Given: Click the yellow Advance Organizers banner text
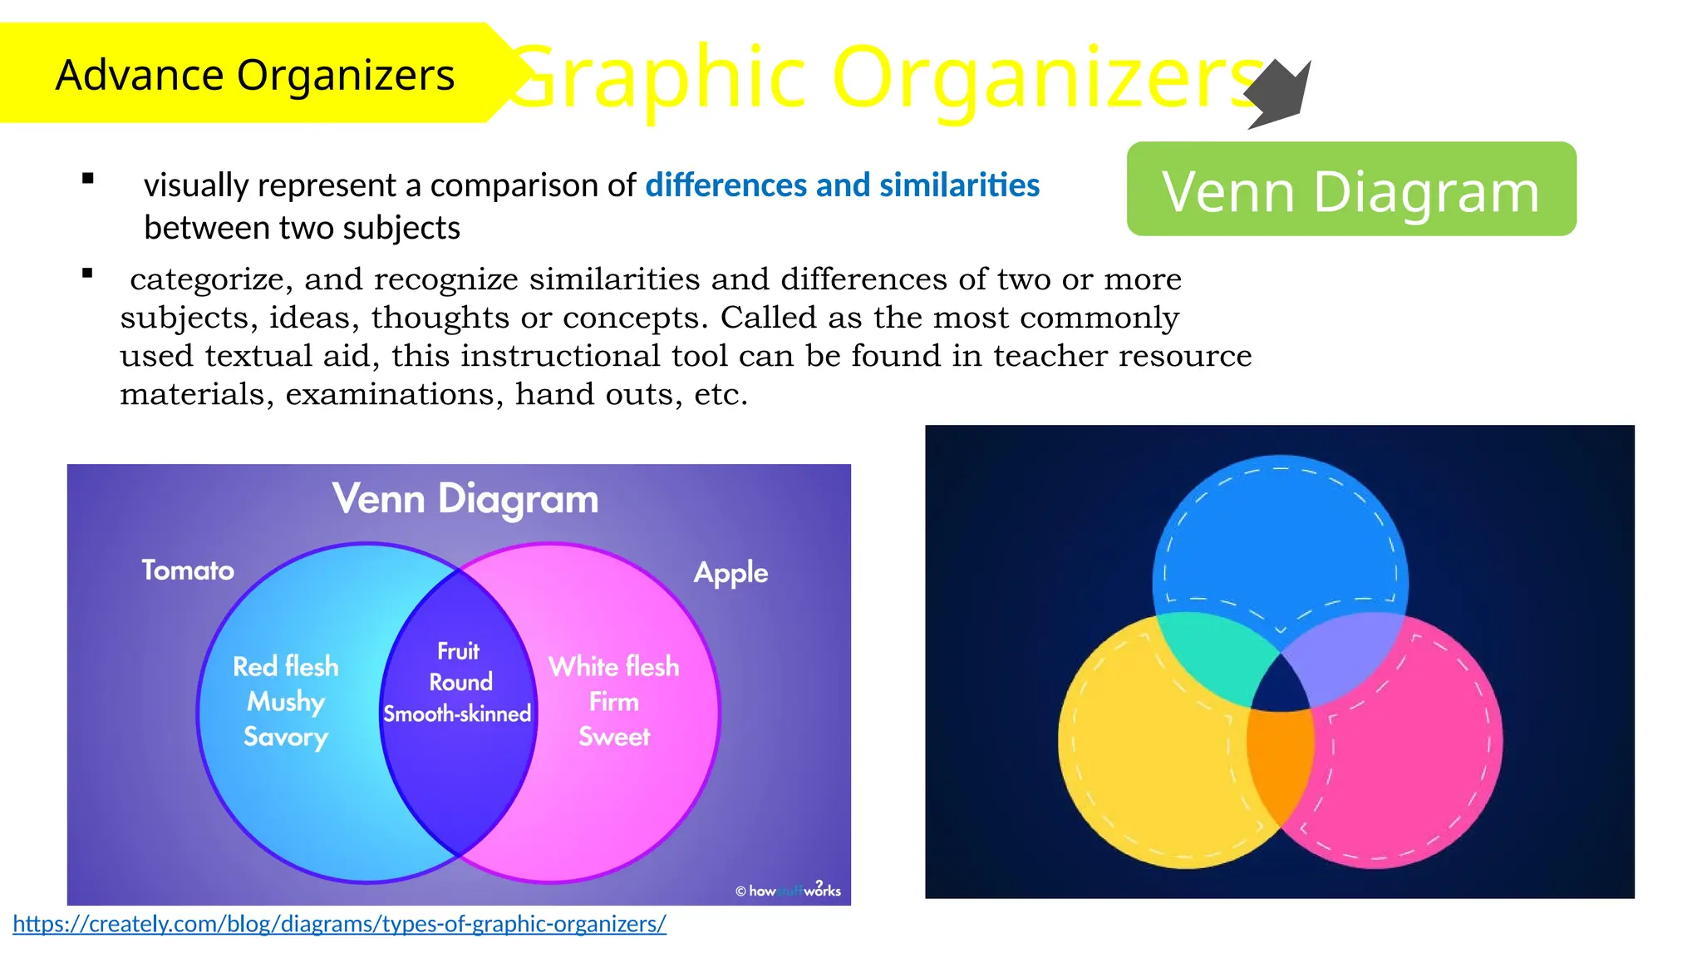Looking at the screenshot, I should coord(254,75).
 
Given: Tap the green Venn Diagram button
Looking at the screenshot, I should coord(1350,190).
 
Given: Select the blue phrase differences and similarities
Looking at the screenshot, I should coord(842,185).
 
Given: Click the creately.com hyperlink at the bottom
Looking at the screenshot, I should coord(339,923).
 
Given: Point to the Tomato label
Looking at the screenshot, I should coord(188,570).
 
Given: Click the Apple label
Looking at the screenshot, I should coord(730,573).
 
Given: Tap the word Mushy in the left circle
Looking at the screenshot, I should coord(285,701).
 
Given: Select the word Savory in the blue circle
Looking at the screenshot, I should coord(285,737).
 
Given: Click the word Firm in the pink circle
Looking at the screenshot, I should coord(613,702).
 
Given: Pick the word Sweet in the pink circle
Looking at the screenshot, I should coord(613,737).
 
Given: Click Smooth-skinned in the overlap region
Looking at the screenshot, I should coord(456,714).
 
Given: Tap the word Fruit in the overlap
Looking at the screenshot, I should coord(458,651).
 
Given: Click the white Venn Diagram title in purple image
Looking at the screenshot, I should coord(465,499).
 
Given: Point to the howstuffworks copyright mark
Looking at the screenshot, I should coord(787,890).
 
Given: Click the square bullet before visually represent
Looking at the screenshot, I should coord(88,178).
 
